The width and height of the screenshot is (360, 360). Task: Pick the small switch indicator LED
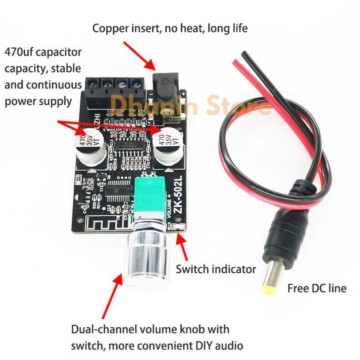pyautogui.click(x=178, y=228)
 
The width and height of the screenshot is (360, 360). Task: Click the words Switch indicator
pyautogui.click(x=216, y=269)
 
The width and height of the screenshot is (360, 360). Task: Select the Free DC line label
pyautogui.click(x=316, y=288)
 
